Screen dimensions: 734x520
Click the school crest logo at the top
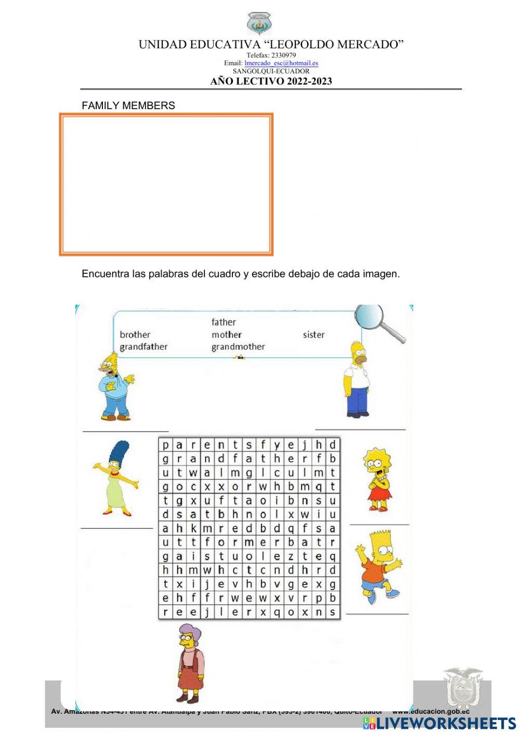pos(259,23)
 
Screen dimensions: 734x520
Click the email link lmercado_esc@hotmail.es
pos(281,63)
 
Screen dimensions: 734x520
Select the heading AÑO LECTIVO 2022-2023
pos(271,81)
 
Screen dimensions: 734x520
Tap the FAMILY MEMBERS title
pos(128,105)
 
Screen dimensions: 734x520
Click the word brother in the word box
pos(135,335)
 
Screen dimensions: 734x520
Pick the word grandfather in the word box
pos(144,346)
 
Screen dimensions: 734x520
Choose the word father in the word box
pos(223,322)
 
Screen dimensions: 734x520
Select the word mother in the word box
pos(226,335)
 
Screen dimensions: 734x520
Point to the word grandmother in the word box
pos(238,346)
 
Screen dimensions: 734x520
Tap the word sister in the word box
pos(314,335)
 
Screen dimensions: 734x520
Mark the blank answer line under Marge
pos(117,528)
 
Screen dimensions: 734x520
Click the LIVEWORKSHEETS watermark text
pos(446,723)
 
